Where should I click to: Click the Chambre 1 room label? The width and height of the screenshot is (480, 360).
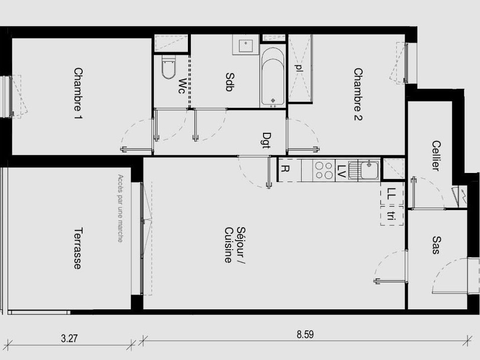pyautogui.click(x=78, y=93)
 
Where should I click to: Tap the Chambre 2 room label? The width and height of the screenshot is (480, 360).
pyautogui.click(x=358, y=94)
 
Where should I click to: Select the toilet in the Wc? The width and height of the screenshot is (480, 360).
pyautogui.click(x=169, y=68)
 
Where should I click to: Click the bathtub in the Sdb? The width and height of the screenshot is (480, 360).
pyautogui.click(x=273, y=77)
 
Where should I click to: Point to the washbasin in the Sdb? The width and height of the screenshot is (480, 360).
pyautogui.click(x=246, y=44)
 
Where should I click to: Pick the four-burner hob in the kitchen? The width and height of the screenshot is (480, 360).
pyautogui.click(x=324, y=170)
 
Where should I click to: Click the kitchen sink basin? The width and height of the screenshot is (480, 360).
pyautogui.click(x=369, y=169)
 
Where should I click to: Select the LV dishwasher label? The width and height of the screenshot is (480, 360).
pyautogui.click(x=342, y=171)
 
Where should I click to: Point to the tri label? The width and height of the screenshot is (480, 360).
pyautogui.click(x=390, y=216)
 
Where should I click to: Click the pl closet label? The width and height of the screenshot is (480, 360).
pyautogui.click(x=299, y=68)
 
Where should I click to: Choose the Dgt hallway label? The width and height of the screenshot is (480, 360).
pyautogui.click(x=267, y=140)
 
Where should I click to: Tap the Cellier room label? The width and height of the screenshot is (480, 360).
pyautogui.click(x=435, y=155)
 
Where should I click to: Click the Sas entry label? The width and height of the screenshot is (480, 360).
pyautogui.click(x=436, y=245)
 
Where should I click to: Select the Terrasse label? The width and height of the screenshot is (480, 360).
pyautogui.click(x=78, y=248)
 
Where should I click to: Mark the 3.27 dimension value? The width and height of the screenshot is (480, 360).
pyautogui.click(x=69, y=338)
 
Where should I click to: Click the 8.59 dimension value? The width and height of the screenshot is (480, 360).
pyautogui.click(x=305, y=334)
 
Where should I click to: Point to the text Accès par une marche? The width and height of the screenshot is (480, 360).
pyautogui.click(x=120, y=209)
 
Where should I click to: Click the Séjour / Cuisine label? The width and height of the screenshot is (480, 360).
pyautogui.click(x=235, y=245)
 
